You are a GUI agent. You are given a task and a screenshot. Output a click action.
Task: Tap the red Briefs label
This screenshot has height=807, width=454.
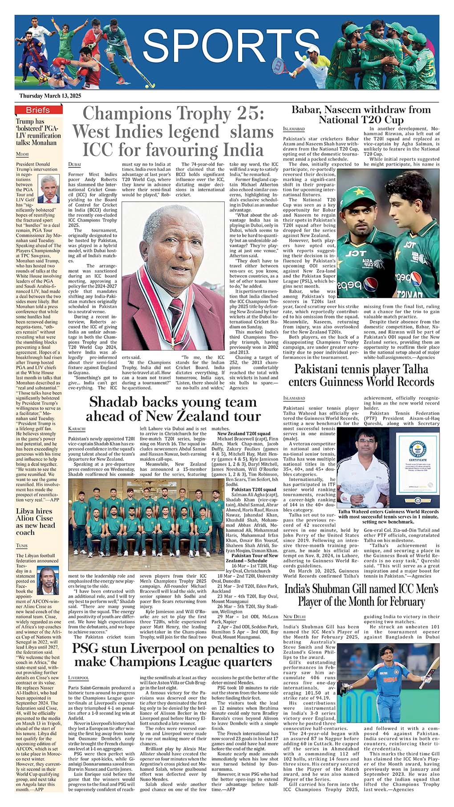click(37, 110)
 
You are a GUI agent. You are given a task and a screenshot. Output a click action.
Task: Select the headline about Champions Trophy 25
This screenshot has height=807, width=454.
click(174, 131)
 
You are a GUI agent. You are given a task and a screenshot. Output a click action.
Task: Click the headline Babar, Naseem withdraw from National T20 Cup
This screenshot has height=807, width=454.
click(361, 114)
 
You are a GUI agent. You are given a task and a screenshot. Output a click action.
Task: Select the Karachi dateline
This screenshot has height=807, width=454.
click(77, 428)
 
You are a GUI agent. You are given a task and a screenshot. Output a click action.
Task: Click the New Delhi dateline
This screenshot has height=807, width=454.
click(294, 616)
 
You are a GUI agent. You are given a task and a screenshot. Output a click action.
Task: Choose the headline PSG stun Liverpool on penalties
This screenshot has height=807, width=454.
click(173, 654)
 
